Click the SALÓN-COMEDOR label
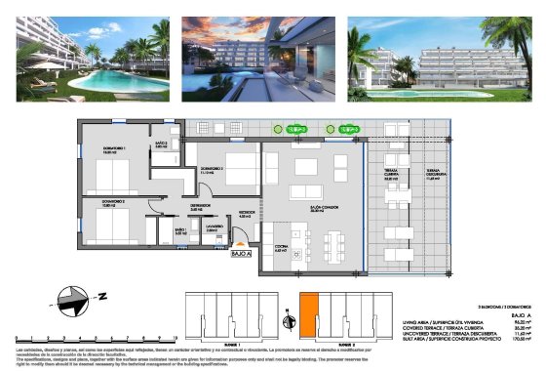[x=313, y=209]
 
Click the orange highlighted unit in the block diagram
[x=309, y=317]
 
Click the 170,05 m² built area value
[x=515, y=340]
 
